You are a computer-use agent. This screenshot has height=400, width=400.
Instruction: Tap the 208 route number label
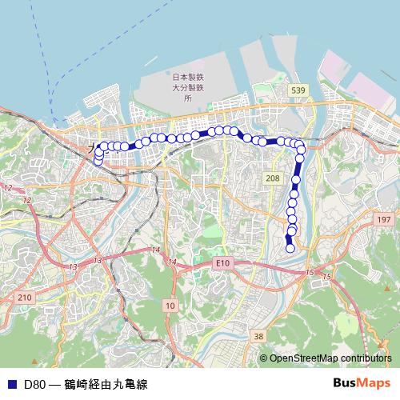tap(273, 178)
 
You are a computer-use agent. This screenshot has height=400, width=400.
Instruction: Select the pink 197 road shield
tap(383, 218)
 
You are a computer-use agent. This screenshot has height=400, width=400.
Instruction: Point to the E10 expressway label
tap(222, 262)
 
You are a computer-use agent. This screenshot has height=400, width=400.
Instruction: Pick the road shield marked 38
tap(258, 337)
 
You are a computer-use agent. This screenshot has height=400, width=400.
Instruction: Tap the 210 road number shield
tap(25, 297)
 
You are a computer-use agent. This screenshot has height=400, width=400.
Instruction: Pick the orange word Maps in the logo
tap(374, 383)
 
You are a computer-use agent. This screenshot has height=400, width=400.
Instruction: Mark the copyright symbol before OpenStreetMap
tap(264, 358)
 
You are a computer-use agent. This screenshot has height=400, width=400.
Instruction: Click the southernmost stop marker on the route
tap(290, 248)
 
